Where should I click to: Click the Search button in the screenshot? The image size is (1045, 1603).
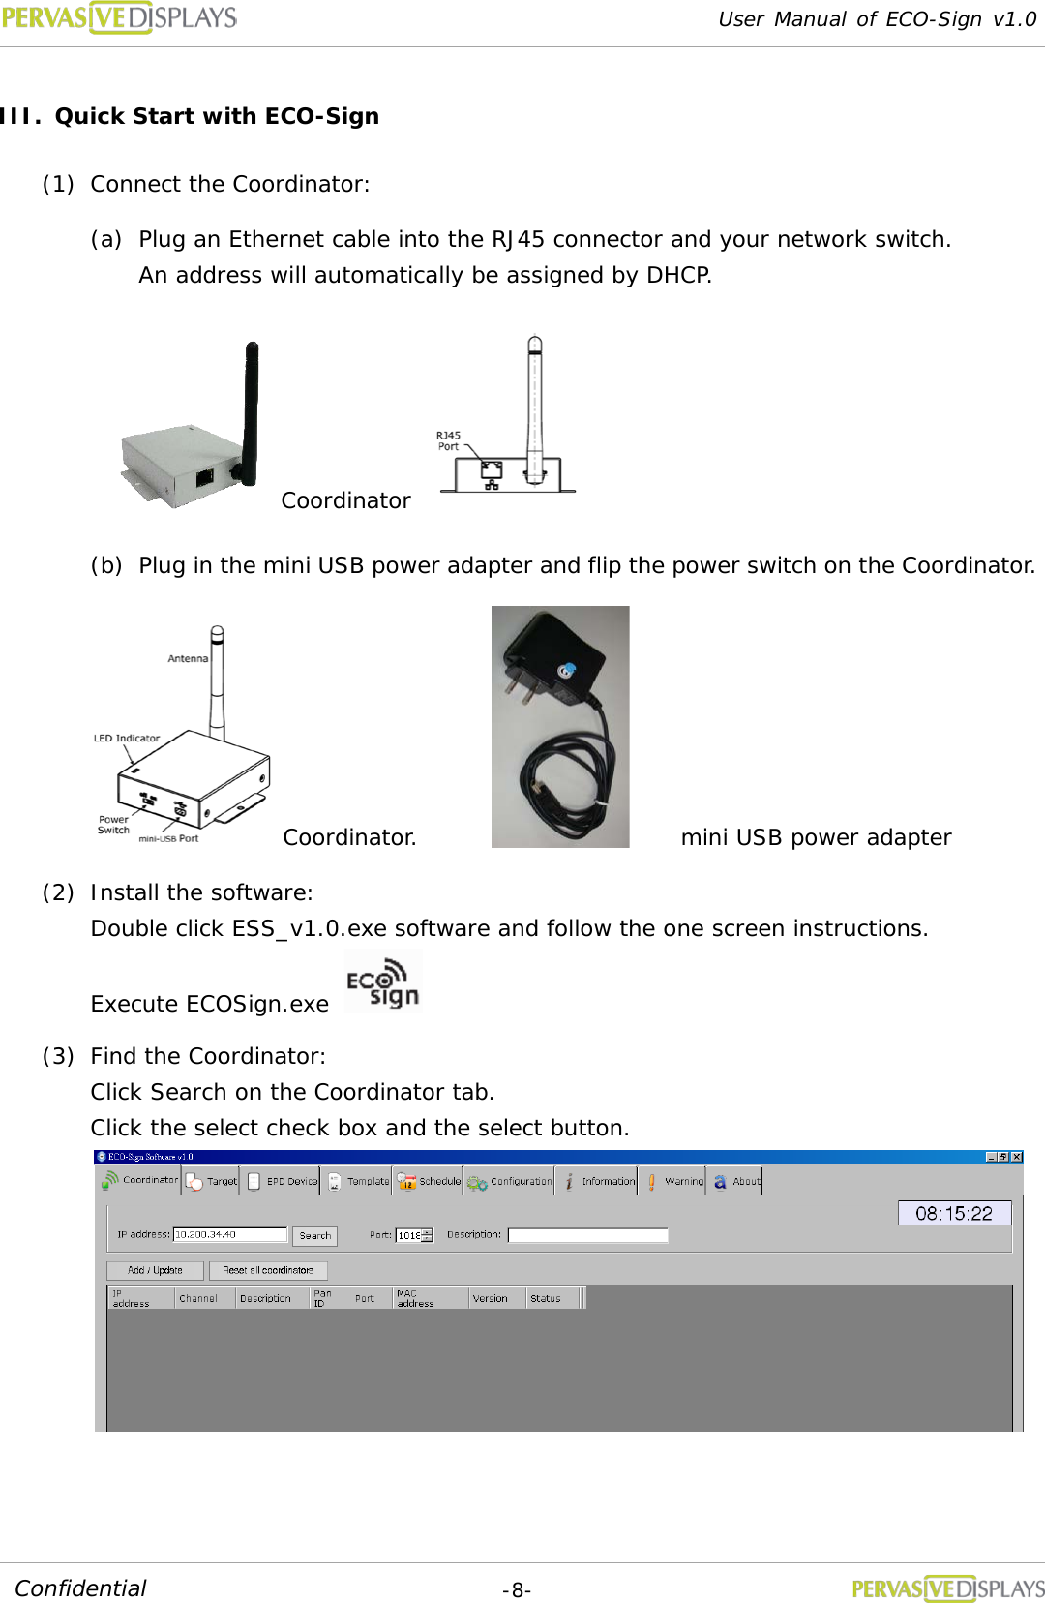point(314,1235)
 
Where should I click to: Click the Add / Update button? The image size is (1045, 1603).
point(155,1270)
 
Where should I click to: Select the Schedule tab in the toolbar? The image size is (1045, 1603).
point(430,1181)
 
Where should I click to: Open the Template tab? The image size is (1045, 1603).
point(359,1181)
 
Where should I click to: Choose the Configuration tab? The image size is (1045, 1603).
point(510,1181)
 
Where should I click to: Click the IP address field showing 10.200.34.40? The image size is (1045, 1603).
point(229,1234)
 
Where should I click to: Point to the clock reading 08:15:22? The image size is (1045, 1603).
point(954,1213)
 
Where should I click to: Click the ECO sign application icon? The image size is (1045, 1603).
point(383,983)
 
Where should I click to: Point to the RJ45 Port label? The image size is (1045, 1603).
point(448,440)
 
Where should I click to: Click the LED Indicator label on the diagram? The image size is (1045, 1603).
point(127,738)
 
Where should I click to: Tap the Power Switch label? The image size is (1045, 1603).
point(113,825)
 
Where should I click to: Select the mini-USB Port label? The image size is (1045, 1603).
point(168,839)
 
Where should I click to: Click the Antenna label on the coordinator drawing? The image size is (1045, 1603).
point(188,658)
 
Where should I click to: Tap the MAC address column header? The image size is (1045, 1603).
point(416,1298)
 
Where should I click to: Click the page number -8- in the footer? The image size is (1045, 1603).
point(516,1590)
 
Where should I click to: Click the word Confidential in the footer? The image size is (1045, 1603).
point(80,1588)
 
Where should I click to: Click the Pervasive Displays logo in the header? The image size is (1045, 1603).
point(119,17)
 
